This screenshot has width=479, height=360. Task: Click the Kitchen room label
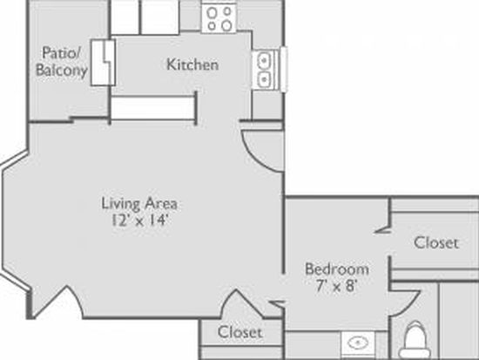click(x=192, y=65)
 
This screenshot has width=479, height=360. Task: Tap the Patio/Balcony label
click(x=62, y=61)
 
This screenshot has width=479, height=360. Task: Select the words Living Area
click(x=139, y=204)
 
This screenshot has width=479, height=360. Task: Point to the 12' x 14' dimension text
click(x=139, y=221)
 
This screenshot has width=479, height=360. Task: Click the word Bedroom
click(x=337, y=269)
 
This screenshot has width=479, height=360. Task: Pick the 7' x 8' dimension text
click(x=337, y=286)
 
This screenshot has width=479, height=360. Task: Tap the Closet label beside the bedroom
click(x=436, y=243)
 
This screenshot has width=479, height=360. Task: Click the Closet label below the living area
click(x=240, y=332)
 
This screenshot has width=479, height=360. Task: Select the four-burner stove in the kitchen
click(x=219, y=18)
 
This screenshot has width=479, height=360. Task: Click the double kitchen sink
click(x=265, y=70)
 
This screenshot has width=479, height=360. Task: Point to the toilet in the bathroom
click(x=415, y=340)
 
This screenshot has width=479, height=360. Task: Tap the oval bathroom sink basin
click(x=358, y=343)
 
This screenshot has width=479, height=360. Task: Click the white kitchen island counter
click(x=152, y=108)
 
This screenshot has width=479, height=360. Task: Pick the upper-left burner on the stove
click(x=212, y=12)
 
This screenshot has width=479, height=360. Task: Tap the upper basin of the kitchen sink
click(x=264, y=60)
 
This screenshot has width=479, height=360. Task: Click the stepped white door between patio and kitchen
click(x=103, y=63)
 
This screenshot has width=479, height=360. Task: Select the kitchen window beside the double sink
click(x=284, y=69)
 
